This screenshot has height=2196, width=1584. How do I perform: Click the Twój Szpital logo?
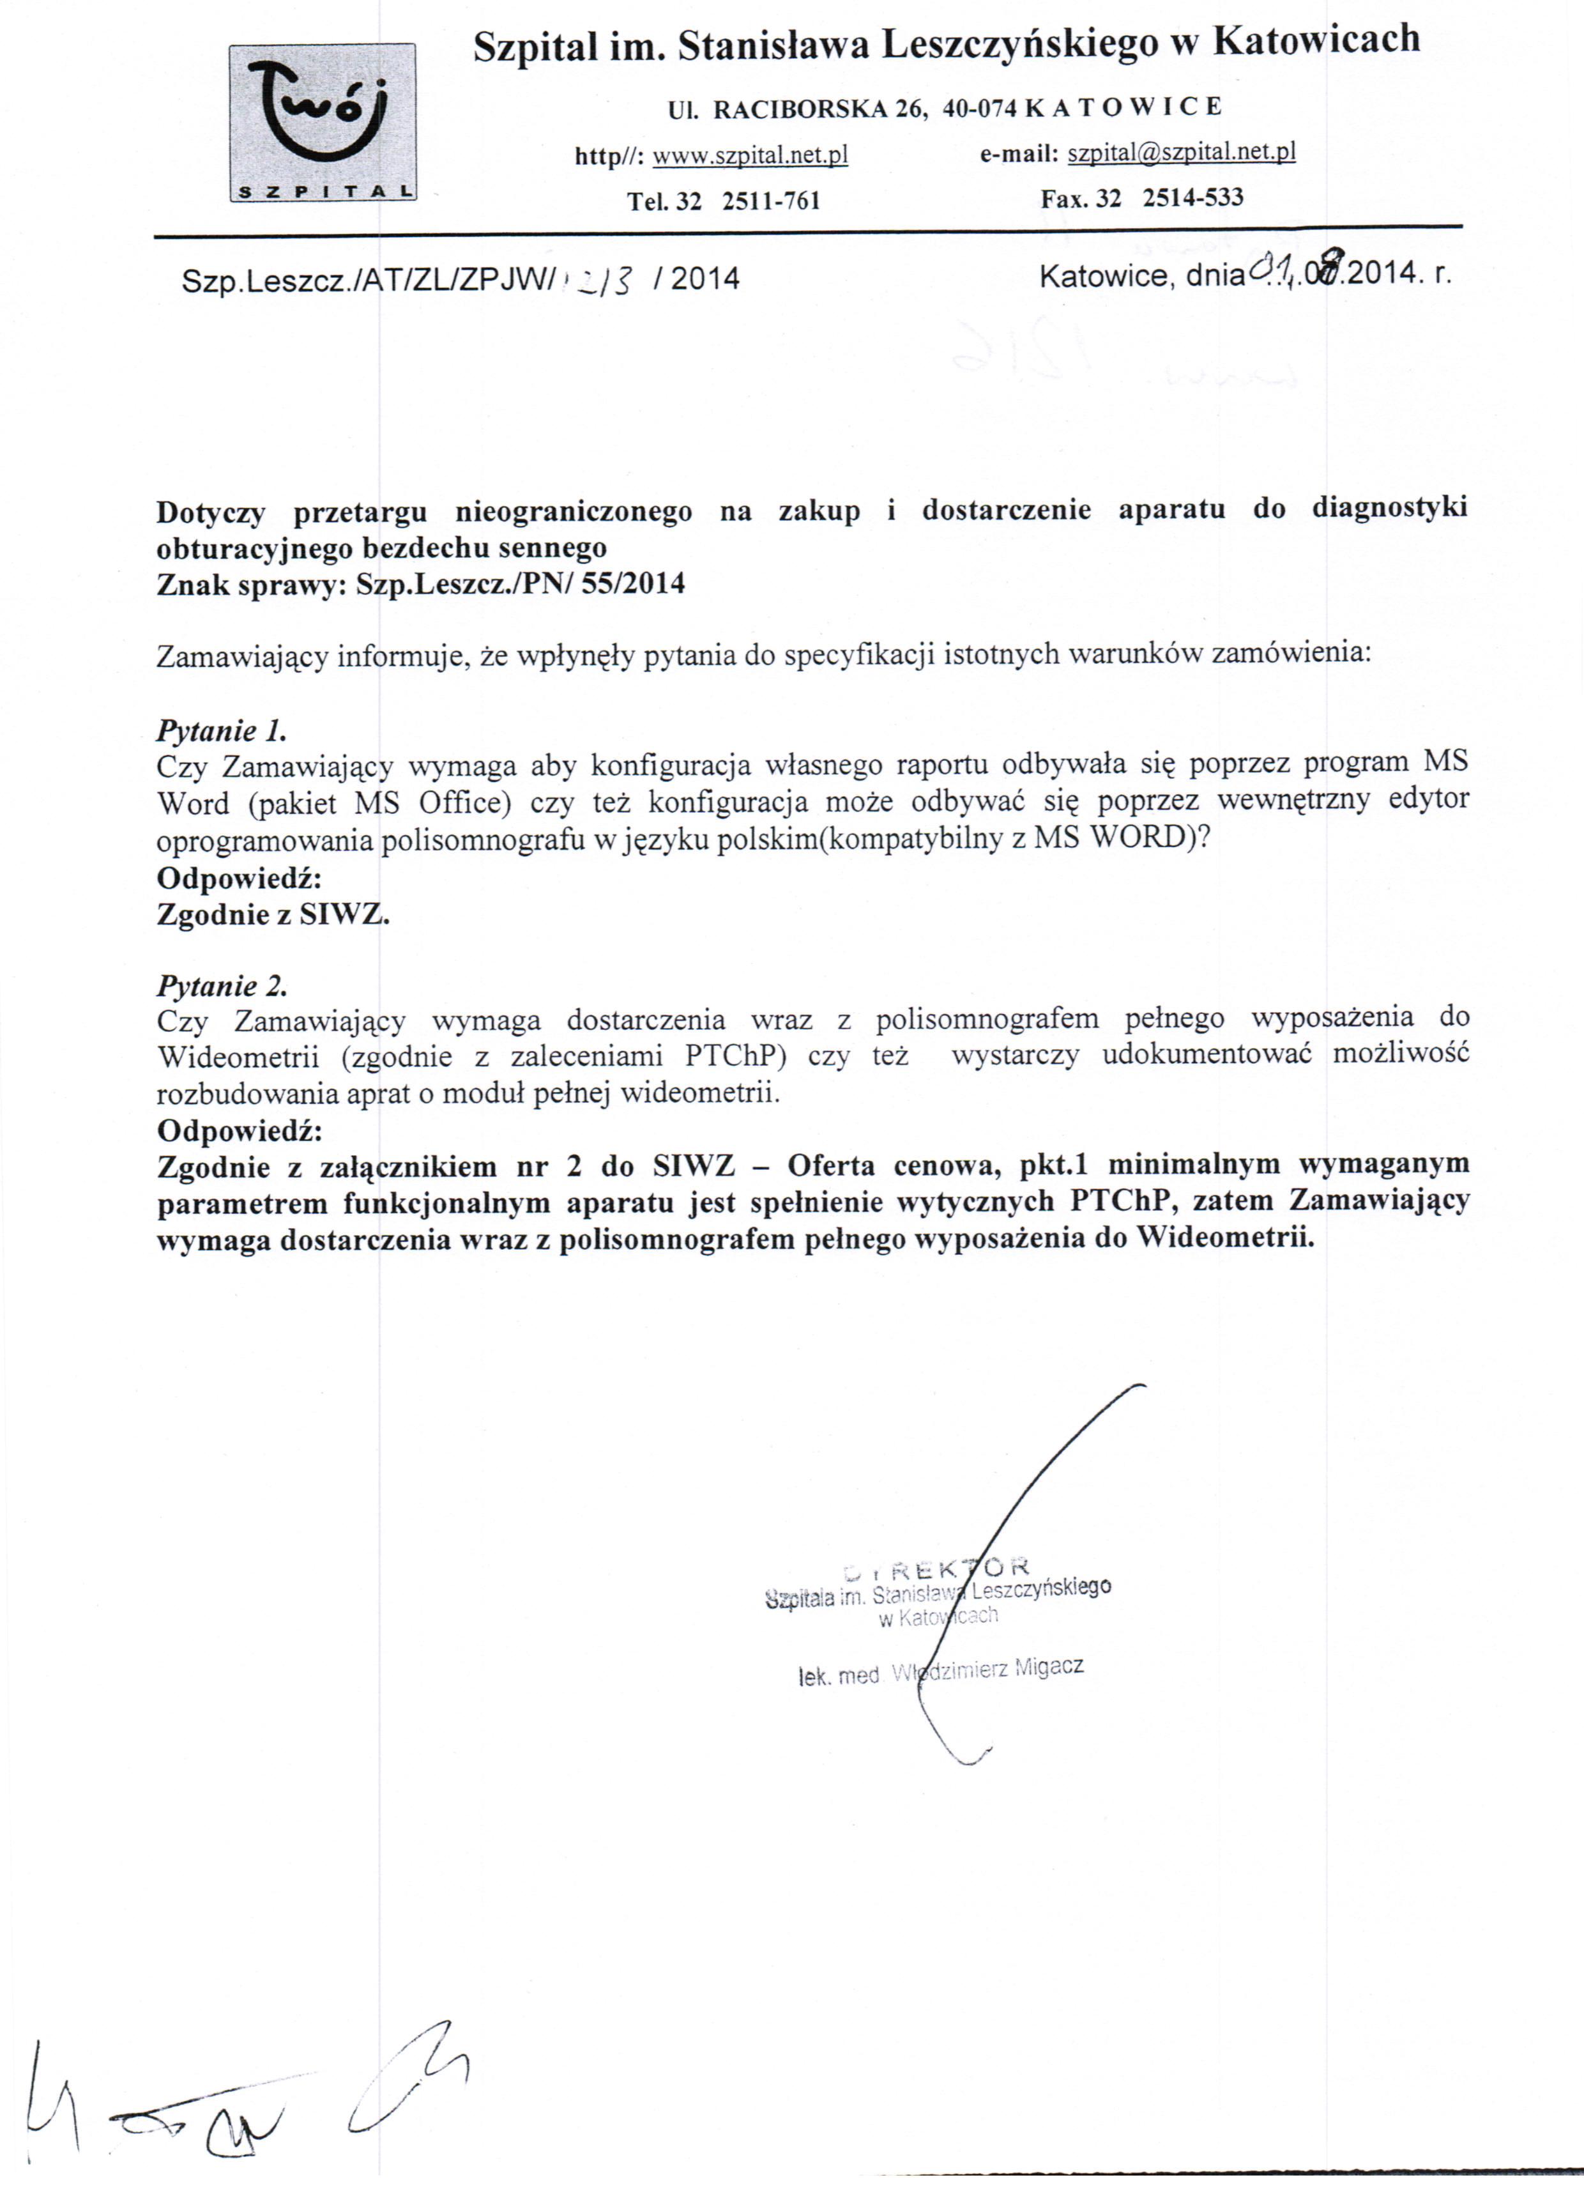click(x=323, y=122)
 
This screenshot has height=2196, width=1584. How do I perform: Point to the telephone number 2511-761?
click(x=772, y=201)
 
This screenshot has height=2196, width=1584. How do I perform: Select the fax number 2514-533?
click(x=1193, y=197)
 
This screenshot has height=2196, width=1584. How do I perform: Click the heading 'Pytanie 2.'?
click(x=222, y=986)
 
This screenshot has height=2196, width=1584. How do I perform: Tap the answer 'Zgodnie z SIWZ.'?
click(x=272, y=914)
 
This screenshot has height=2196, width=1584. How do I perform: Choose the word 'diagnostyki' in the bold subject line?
click(x=1389, y=509)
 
